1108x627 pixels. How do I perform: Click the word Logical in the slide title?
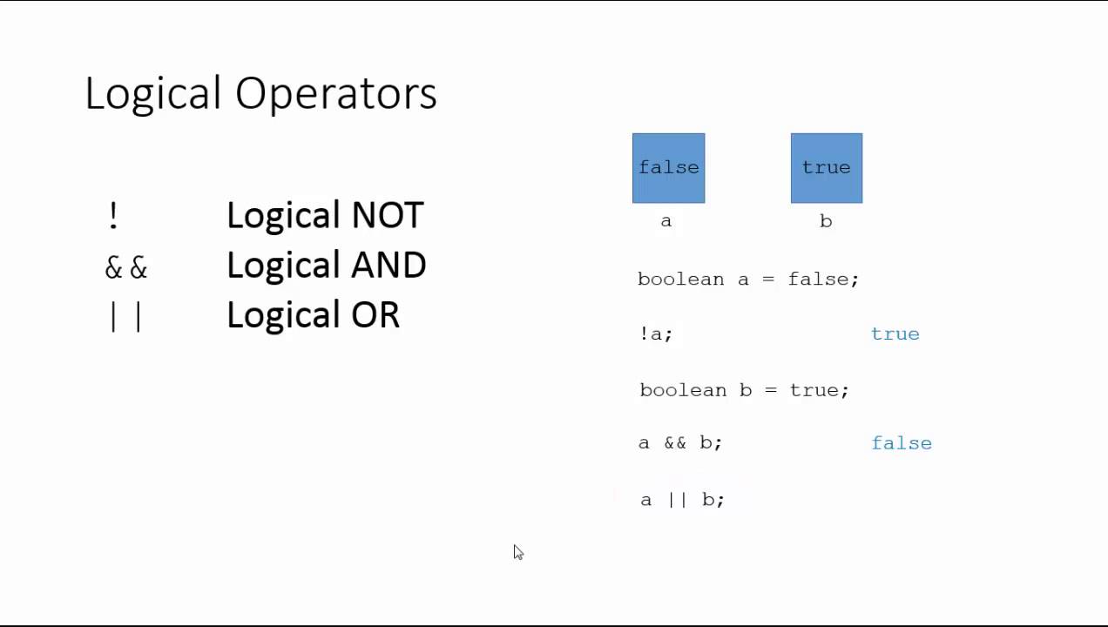(x=153, y=93)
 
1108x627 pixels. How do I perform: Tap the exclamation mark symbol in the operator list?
(x=113, y=216)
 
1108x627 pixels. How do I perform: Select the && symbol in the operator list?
(x=126, y=267)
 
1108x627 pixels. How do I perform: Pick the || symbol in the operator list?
(x=126, y=316)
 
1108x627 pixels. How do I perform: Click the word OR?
(x=375, y=314)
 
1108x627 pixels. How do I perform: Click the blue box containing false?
(x=668, y=168)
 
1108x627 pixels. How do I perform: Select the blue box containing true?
(x=826, y=168)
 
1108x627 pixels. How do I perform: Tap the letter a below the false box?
(x=666, y=221)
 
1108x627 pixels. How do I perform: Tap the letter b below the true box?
(x=826, y=221)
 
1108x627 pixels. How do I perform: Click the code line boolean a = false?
(x=747, y=279)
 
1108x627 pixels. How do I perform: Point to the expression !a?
(x=655, y=334)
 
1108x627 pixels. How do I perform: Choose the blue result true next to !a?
(x=895, y=334)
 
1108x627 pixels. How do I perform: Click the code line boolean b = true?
(x=744, y=389)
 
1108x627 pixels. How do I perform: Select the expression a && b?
(x=680, y=442)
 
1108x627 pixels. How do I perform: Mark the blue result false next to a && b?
(x=902, y=443)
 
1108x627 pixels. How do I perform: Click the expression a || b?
(x=682, y=499)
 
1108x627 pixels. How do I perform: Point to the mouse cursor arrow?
(x=517, y=551)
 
